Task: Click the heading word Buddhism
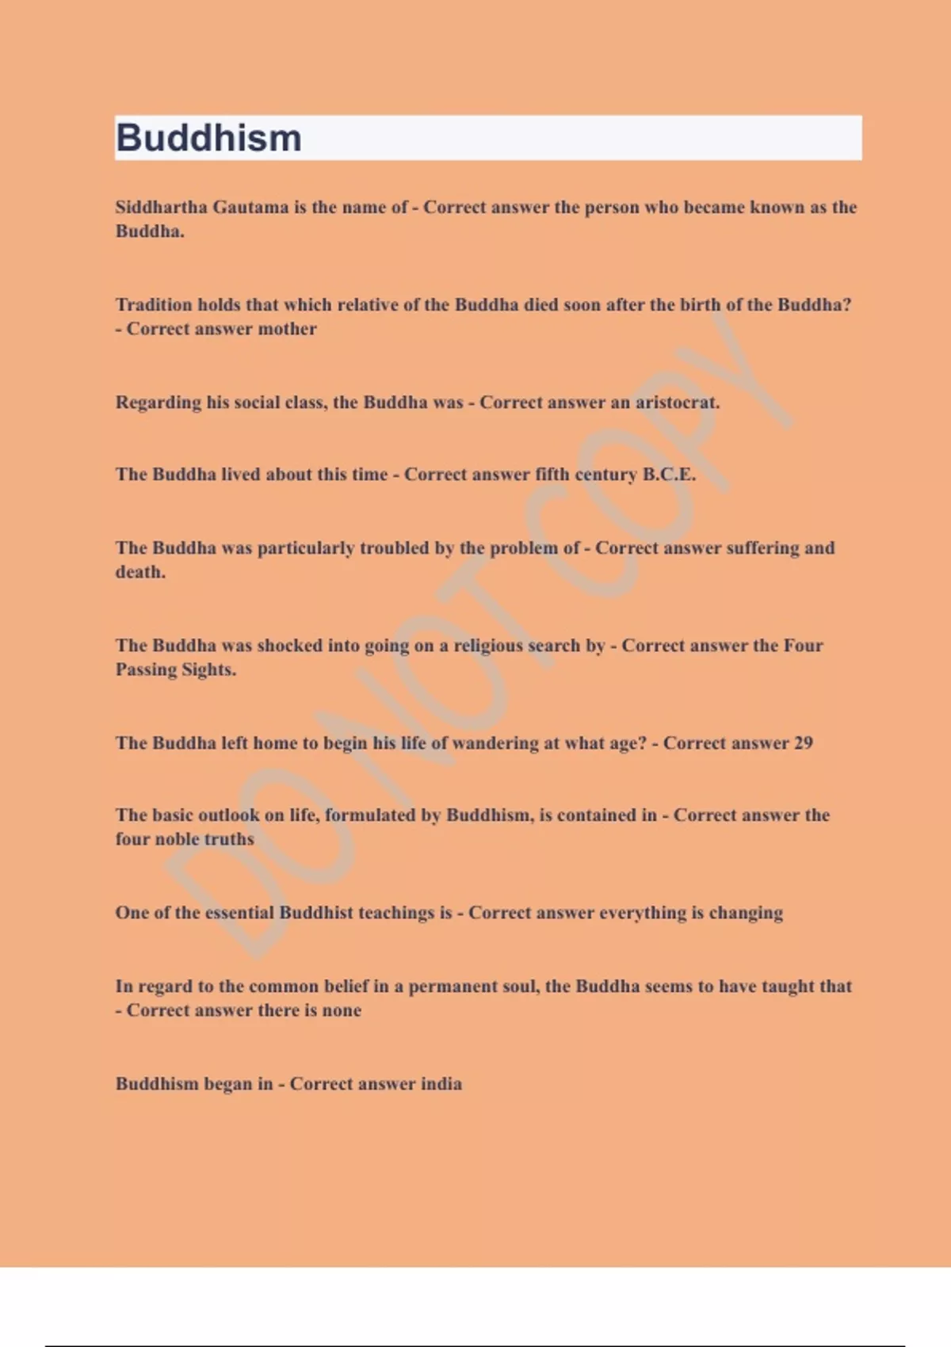208,138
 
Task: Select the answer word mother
287,329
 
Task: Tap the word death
140,572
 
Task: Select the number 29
803,743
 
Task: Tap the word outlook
229,815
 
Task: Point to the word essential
239,913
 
